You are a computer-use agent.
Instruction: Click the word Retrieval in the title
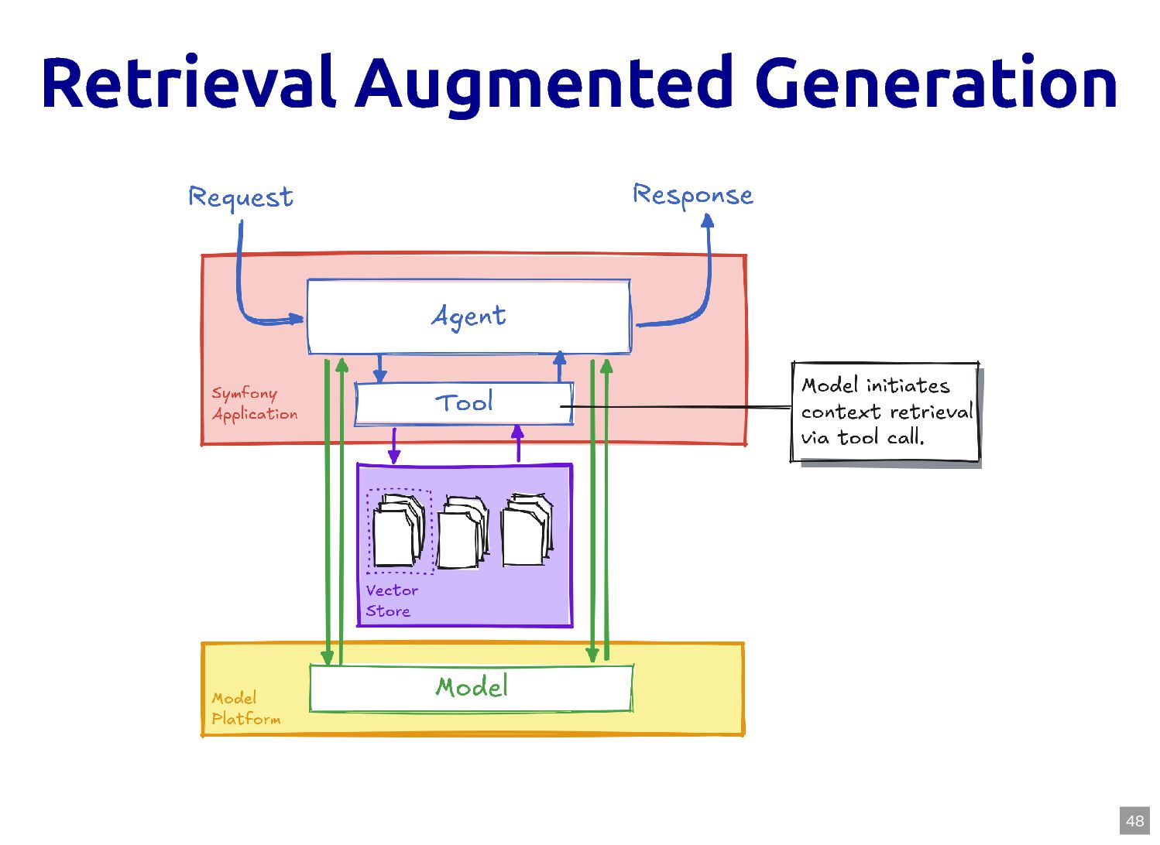pyautogui.click(x=189, y=83)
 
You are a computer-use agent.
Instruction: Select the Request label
pyautogui.click(x=241, y=198)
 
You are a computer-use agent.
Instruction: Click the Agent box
pyautogui.click(x=468, y=316)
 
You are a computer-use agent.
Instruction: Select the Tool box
pyautogui.click(x=464, y=403)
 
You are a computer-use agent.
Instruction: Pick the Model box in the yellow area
pyautogui.click(x=471, y=687)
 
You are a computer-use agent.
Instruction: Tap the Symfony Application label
pyautogui.click(x=254, y=403)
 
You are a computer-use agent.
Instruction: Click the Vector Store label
pyautogui.click(x=391, y=600)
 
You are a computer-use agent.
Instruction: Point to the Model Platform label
pyautogui.click(x=245, y=708)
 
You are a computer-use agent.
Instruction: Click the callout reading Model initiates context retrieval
pyautogui.click(x=885, y=412)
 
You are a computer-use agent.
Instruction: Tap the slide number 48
pyautogui.click(x=1134, y=821)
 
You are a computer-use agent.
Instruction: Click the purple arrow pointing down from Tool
pyautogui.click(x=394, y=446)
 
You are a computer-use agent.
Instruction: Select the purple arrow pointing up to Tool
pyautogui.click(x=518, y=443)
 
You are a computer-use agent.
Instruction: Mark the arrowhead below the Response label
pyautogui.click(x=707, y=222)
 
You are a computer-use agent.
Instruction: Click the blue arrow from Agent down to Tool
pyautogui.click(x=379, y=368)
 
